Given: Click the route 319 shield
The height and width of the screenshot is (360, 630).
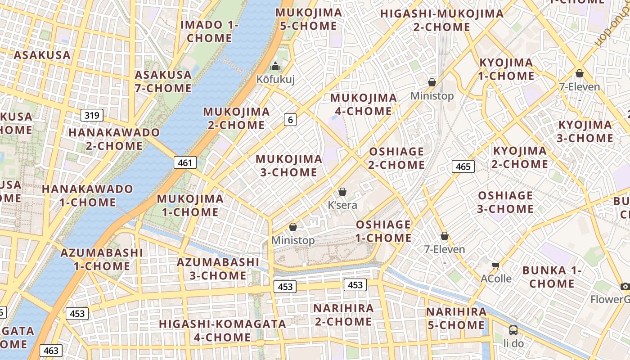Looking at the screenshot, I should [x=92, y=115].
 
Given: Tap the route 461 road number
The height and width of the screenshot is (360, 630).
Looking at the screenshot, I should [x=185, y=162].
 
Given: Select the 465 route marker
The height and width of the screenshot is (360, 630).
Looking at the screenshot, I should [x=463, y=166].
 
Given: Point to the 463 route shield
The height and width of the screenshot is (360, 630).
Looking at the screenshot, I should [x=51, y=350].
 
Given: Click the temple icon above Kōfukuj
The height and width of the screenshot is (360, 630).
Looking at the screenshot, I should [x=275, y=67].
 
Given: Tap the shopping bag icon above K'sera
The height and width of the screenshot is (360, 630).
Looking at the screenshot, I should [x=342, y=192].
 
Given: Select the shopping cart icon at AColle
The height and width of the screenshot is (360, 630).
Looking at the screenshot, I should [x=496, y=265].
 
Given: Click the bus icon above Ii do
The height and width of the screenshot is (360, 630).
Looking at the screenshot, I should [x=513, y=330].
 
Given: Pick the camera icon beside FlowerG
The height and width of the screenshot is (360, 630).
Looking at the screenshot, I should [x=625, y=286].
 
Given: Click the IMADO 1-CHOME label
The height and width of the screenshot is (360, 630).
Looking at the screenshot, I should [x=209, y=31].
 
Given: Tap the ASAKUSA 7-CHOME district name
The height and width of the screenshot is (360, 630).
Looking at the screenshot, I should [x=163, y=81].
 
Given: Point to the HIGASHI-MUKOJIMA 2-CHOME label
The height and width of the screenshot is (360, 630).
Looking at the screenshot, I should [x=442, y=20].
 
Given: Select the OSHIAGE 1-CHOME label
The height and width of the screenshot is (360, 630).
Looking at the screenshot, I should [x=383, y=231].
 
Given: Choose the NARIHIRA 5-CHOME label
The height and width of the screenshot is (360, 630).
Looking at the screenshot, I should [x=456, y=318].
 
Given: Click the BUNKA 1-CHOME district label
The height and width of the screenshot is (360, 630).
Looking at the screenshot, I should [x=552, y=277].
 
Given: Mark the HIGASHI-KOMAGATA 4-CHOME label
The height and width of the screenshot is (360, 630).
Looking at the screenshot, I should [x=222, y=330].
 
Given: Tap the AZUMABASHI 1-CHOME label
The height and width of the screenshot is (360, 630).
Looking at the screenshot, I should [x=102, y=259].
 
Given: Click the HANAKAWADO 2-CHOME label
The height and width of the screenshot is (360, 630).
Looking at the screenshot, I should [x=114, y=139].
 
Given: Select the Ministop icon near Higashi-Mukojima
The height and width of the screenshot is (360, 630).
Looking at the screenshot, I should [x=432, y=82].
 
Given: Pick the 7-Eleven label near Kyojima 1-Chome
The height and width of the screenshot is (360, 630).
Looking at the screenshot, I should [x=579, y=87].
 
